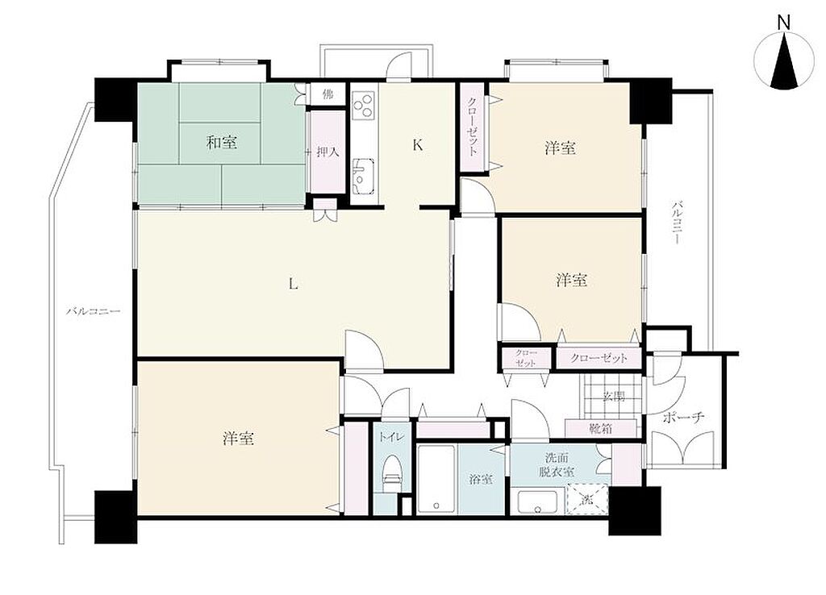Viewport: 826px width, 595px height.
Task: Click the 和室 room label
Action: [x=221, y=142]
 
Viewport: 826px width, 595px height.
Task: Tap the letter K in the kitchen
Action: [x=417, y=145]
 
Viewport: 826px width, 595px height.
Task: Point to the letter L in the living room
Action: [x=294, y=285]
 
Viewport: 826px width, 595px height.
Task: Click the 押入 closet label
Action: [x=327, y=152]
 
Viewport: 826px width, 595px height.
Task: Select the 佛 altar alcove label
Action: [x=327, y=95]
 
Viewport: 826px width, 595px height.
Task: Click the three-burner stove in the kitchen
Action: [x=364, y=103]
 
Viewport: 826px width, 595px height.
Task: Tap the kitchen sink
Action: [x=363, y=176]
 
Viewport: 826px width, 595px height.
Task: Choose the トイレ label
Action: [x=391, y=436]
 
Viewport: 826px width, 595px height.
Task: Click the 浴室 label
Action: [x=481, y=480]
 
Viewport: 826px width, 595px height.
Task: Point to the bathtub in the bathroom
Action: [x=436, y=480]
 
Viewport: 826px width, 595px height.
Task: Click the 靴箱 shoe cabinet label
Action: [x=600, y=428]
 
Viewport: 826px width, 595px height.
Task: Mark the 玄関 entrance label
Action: [x=614, y=396]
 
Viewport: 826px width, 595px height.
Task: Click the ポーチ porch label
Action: [x=683, y=417]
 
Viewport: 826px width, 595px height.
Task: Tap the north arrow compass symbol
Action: [x=784, y=60]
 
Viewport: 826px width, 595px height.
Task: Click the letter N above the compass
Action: [x=784, y=22]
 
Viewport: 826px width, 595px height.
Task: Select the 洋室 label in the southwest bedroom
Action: [x=239, y=438]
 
